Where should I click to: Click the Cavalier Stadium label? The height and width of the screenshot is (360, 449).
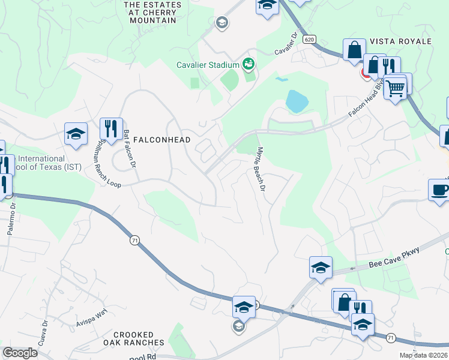208,65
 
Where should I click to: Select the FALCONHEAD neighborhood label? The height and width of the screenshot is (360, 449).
161,140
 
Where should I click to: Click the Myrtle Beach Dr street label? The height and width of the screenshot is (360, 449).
261,169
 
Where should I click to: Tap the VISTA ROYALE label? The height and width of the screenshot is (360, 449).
400,41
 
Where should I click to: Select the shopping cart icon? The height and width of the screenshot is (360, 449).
395,88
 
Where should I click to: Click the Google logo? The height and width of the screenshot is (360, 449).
20,353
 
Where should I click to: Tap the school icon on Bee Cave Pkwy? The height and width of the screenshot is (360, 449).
321,266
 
